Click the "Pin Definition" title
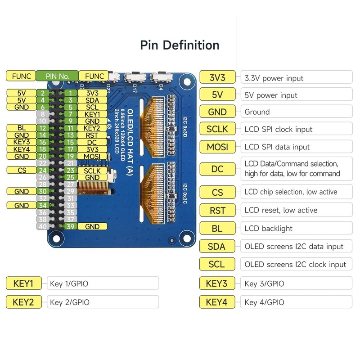[180, 45]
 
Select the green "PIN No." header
[57, 76]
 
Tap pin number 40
[42, 226]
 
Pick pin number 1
[70, 93]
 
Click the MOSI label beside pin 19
[92, 156]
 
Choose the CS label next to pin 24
[22, 171]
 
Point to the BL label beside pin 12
[22, 128]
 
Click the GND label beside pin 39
[92, 226]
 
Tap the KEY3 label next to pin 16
[22, 142]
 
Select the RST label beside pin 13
[92, 135]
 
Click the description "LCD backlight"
[268, 229]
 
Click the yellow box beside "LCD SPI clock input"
[217, 129]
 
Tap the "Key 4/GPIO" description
[264, 302]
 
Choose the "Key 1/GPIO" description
[69, 284]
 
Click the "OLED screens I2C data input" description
[294, 247]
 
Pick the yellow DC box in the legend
[217, 169]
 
